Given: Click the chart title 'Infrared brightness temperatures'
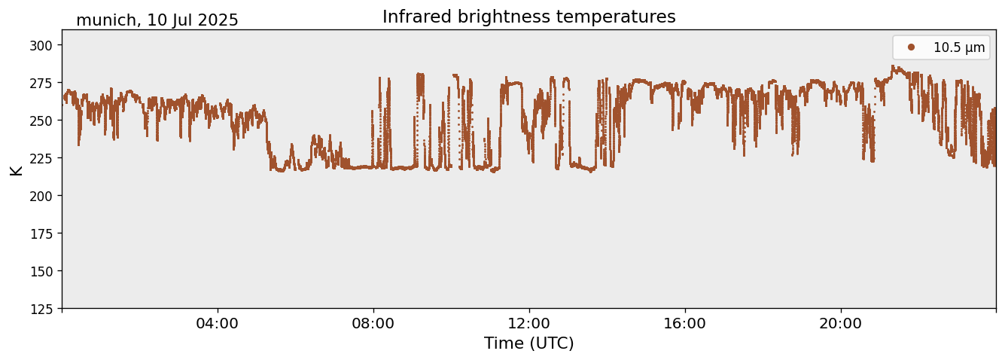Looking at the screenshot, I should [x=528, y=17].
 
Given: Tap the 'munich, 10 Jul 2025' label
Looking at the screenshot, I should [x=157, y=20].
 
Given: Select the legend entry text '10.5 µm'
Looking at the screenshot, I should [x=958, y=47].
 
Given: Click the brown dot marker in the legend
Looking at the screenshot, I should [x=911, y=47].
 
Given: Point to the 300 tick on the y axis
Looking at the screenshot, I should [x=44, y=45].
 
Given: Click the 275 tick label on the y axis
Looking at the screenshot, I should [x=44, y=83].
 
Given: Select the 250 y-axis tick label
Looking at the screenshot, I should [x=44, y=121].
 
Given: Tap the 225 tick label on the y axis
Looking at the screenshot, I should [x=44, y=158].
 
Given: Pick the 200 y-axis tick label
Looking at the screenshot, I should [x=44, y=196].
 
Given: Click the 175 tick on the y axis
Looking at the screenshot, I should [x=44, y=233].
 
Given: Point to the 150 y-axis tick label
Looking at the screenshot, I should [x=44, y=271].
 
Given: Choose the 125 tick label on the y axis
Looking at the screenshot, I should [x=44, y=309].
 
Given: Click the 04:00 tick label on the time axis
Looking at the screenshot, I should [x=218, y=324].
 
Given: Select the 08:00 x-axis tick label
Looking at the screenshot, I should [x=373, y=324].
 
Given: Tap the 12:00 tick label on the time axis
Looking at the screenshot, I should [x=529, y=324].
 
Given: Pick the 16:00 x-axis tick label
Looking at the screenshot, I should [x=685, y=324].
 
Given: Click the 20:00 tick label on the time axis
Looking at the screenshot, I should [x=841, y=324].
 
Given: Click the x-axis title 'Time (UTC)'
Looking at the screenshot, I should [x=528, y=343].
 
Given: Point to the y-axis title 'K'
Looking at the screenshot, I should [x=17, y=169].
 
